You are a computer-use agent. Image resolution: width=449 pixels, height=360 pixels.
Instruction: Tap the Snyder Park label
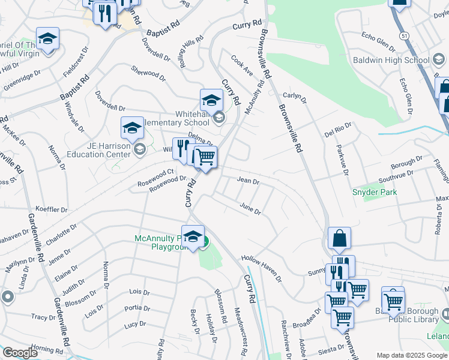coord(374,192)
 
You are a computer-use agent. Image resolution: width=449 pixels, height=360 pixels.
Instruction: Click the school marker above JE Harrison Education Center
coord(132,127)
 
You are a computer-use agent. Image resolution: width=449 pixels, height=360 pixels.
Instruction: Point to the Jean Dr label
coord(248,180)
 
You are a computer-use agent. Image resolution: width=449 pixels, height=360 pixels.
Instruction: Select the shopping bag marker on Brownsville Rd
coord(339,238)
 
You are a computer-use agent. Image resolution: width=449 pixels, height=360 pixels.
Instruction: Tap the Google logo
coord(20,352)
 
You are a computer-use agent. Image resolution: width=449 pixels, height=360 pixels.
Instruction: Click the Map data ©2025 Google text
coord(412,355)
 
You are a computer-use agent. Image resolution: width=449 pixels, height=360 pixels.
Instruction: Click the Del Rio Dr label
coord(337,130)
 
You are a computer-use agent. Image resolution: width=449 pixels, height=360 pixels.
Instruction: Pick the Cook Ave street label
coord(242,66)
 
